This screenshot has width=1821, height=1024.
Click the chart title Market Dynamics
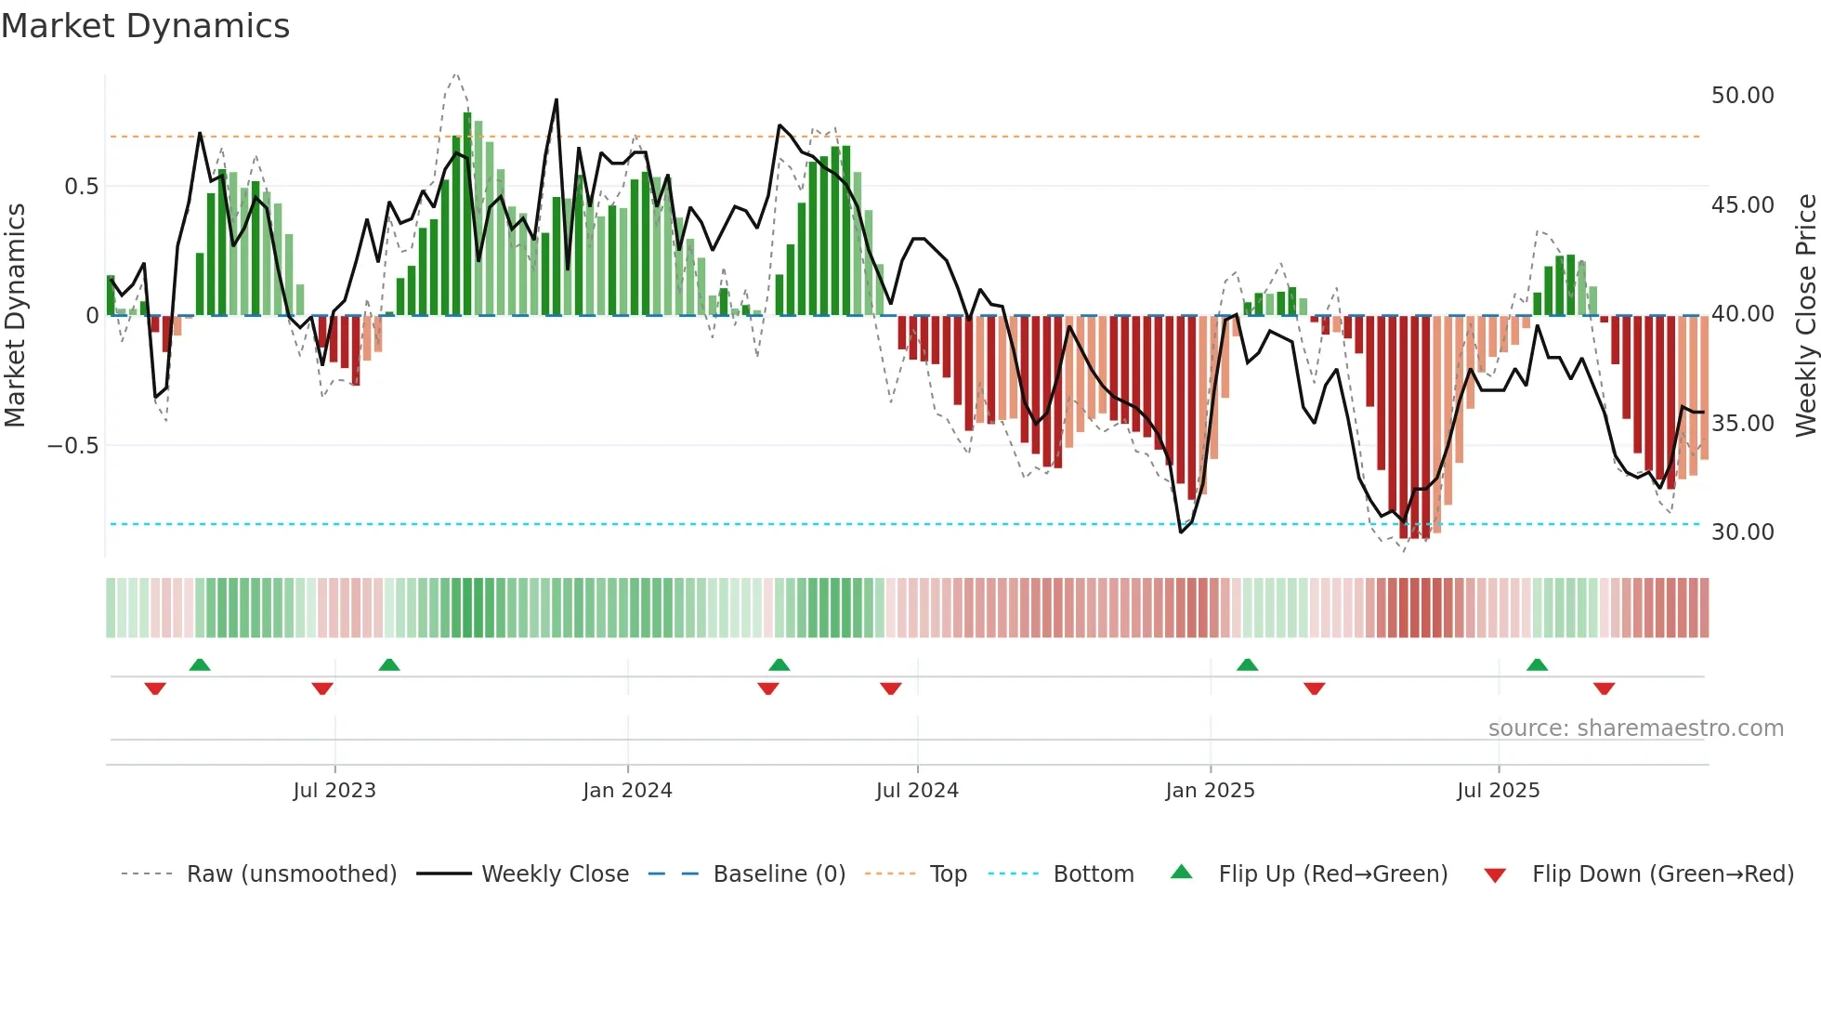point(145,26)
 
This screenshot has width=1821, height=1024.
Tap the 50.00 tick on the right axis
point(1742,96)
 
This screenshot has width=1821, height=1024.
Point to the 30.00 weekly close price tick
point(1742,532)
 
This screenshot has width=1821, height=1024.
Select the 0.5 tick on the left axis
point(81,187)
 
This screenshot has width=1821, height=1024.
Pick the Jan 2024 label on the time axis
point(627,791)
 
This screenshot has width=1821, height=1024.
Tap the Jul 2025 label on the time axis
point(1498,791)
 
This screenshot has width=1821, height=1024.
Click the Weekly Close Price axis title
point(1805,315)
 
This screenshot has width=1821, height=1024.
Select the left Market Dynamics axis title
point(15,315)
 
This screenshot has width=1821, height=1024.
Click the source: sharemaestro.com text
point(1635,729)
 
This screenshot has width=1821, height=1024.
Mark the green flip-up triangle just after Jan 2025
point(1247,665)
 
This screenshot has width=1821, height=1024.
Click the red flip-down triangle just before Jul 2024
point(890,689)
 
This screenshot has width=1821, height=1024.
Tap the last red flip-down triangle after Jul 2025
point(1604,689)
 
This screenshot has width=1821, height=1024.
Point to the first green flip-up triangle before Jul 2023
point(200,665)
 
